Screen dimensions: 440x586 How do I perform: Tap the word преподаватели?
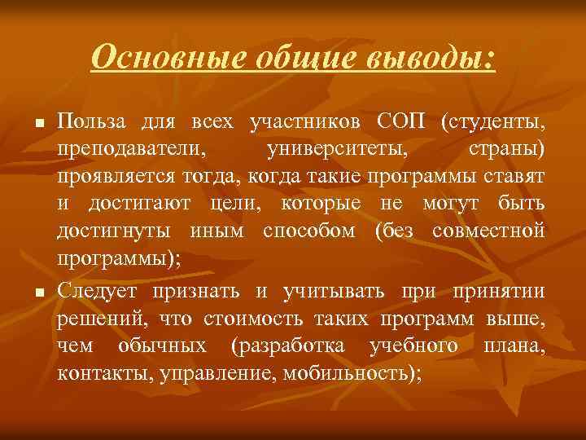[130, 150]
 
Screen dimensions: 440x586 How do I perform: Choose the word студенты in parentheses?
[493, 122]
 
